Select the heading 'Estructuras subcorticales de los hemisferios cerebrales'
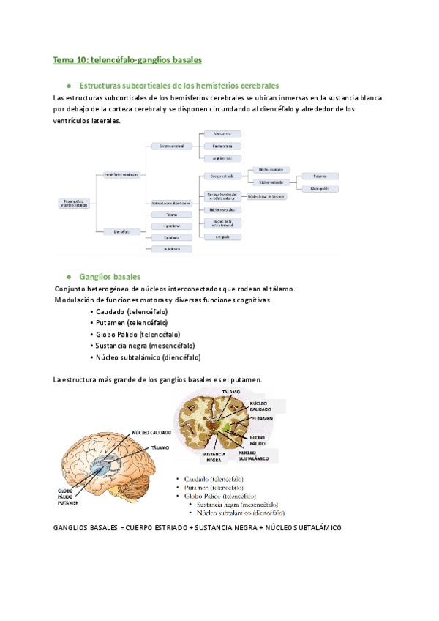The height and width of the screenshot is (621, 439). click(x=179, y=86)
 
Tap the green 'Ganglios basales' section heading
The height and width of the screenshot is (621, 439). click(x=109, y=277)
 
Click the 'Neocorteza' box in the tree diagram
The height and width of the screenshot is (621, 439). click(x=222, y=134)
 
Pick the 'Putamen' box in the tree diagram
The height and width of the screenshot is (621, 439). click(x=320, y=176)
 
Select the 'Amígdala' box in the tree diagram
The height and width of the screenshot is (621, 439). click(x=222, y=237)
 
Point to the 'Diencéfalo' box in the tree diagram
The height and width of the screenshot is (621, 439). click(x=121, y=231)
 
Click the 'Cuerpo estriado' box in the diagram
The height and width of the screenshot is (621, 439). click(x=222, y=176)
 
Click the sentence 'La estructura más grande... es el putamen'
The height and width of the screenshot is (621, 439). click(x=158, y=379)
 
